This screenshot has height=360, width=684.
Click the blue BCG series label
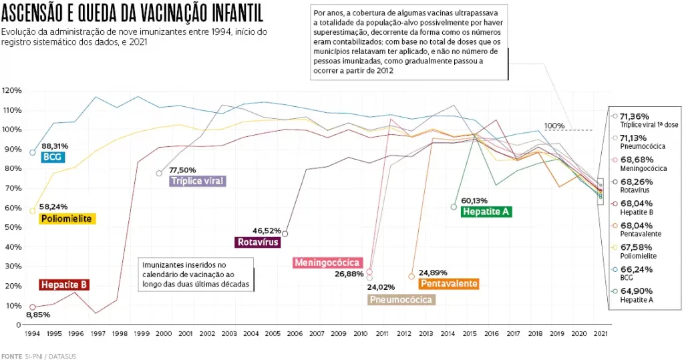click(51, 157)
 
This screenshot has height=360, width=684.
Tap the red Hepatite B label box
click(64, 285)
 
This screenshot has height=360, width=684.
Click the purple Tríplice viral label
click(198, 181)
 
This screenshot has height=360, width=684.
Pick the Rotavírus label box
click(257, 242)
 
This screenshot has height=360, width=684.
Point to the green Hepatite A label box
click(486, 212)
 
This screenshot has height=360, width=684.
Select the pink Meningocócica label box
click(328, 262)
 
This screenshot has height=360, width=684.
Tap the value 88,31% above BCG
click(55, 146)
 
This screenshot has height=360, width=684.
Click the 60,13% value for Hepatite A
click(474, 200)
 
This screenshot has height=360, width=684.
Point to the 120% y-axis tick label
click(13, 90)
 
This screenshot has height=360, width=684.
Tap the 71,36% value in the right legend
click(635, 116)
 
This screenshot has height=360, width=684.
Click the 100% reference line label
click(554, 126)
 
